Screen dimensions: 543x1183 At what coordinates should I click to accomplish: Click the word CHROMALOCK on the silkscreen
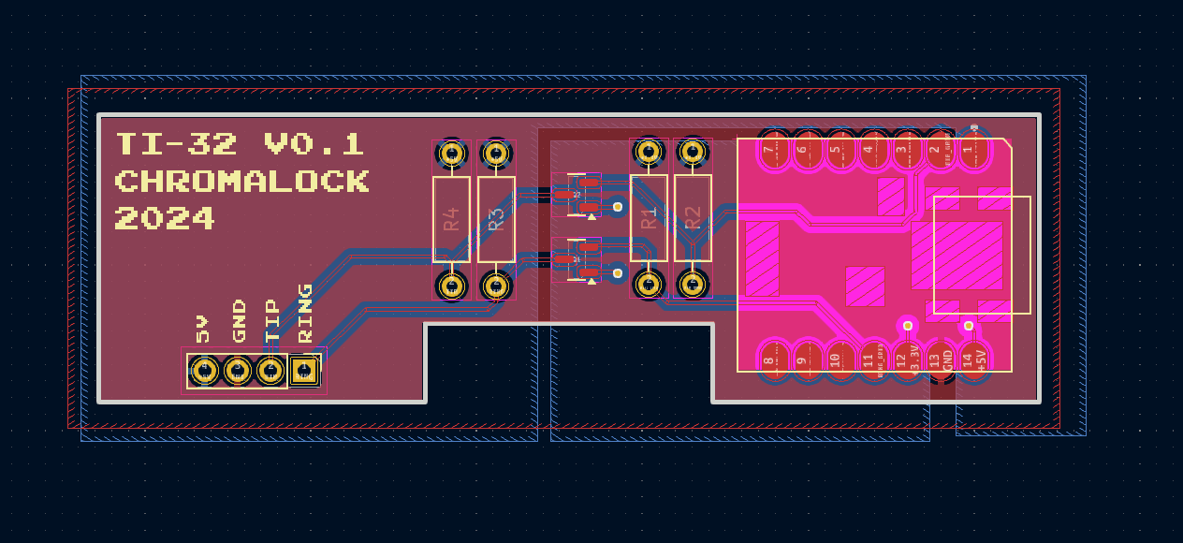(241, 181)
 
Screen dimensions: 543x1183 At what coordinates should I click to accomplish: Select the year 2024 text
(165, 218)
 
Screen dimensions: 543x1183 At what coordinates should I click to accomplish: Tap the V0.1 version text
(314, 144)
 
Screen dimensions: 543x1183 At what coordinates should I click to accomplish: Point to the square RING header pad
(303, 371)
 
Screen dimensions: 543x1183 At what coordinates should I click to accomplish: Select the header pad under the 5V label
(204, 371)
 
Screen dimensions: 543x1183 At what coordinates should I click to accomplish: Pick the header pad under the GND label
(238, 371)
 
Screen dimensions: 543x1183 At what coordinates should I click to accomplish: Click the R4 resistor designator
(451, 219)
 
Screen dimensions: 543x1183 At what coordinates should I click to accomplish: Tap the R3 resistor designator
(496, 219)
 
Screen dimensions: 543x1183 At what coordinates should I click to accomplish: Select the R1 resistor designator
(648, 219)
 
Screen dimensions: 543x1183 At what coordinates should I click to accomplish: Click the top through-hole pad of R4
(451, 152)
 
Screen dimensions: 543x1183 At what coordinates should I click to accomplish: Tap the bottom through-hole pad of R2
(693, 283)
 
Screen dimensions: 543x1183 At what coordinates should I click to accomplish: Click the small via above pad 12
(906, 325)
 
